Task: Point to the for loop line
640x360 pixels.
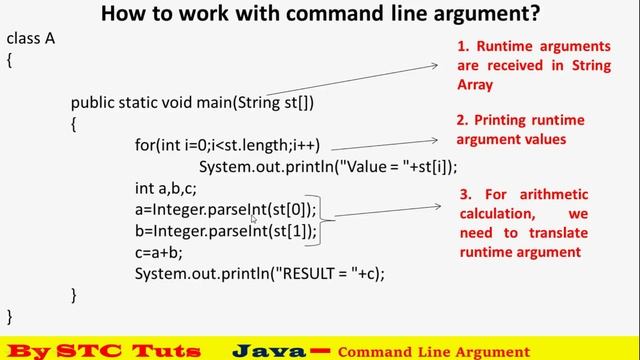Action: pyautogui.click(x=227, y=145)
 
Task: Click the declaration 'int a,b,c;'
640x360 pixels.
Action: pyautogui.click(x=168, y=188)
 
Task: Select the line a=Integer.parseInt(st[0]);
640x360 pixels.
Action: pyautogui.click(x=225, y=209)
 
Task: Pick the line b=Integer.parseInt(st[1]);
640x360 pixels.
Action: pyautogui.click(x=225, y=231)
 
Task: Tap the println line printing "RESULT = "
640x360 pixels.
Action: pyautogui.click(x=259, y=273)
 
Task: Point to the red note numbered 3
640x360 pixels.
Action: pyautogui.click(x=524, y=223)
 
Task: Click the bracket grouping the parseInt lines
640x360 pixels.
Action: pyautogui.click(x=323, y=220)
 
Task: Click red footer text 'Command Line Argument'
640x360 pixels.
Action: pyautogui.click(x=433, y=352)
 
